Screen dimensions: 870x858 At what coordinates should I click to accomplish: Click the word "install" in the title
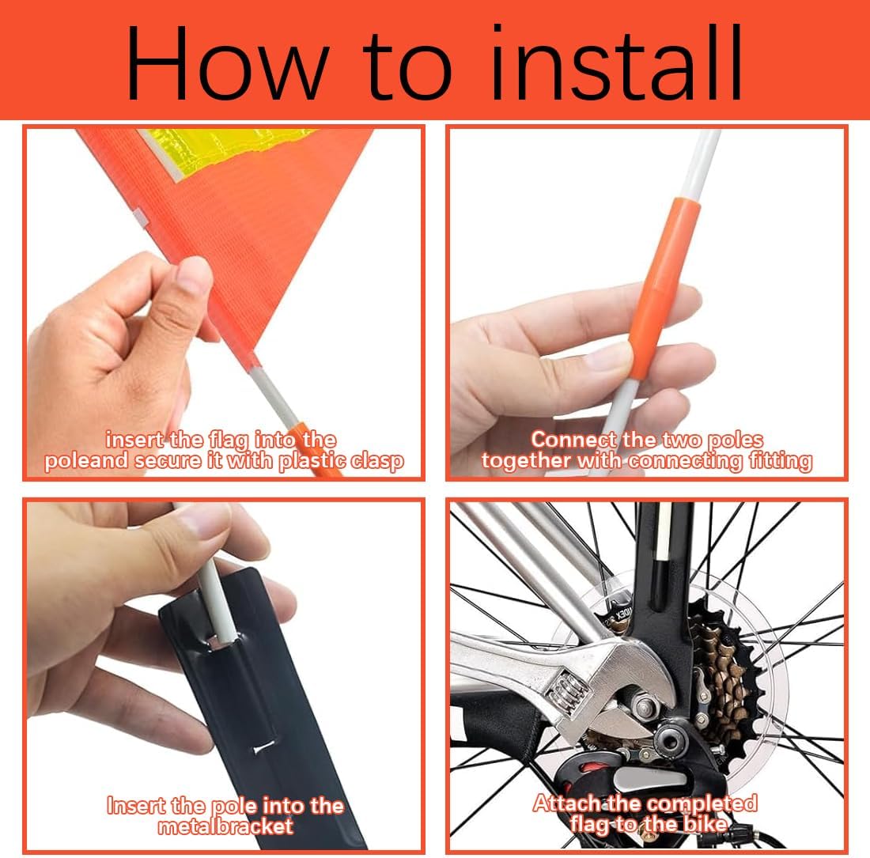pos(617,62)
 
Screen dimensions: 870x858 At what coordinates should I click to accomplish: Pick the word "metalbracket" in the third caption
pos(225,827)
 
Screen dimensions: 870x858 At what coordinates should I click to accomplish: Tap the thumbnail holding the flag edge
pos(193,275)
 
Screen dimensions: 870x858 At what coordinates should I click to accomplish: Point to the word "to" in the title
pos(408,66)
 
